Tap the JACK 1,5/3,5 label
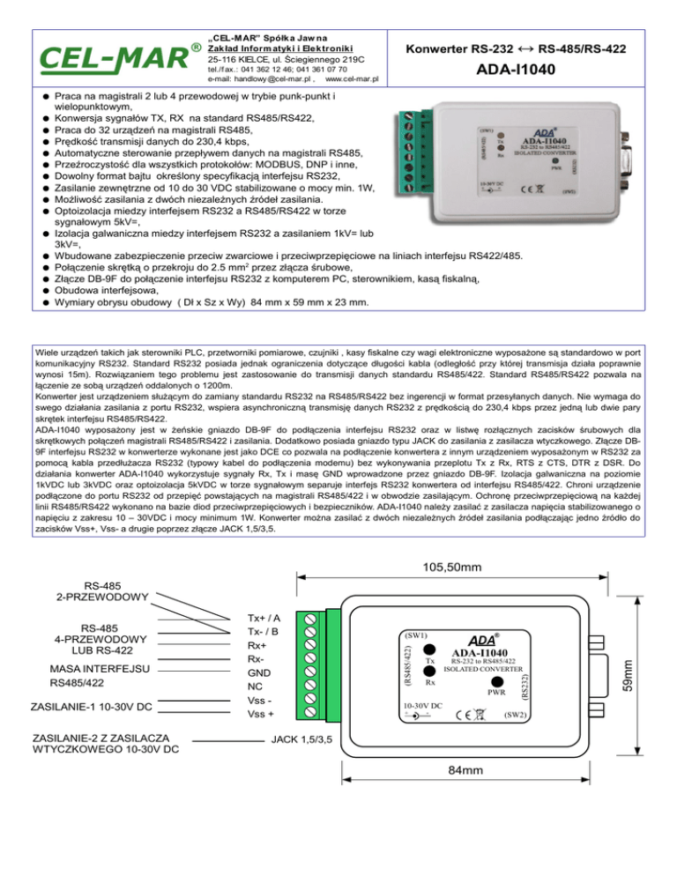click(301, 739)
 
